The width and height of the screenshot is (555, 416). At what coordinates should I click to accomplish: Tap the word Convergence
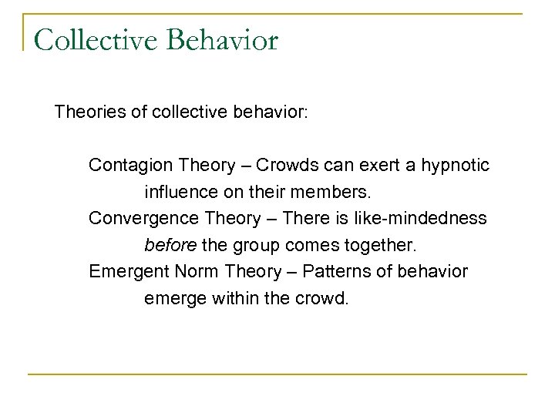(x=138, y=218)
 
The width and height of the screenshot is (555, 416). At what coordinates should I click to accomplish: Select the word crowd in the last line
(x=322, y=298)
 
